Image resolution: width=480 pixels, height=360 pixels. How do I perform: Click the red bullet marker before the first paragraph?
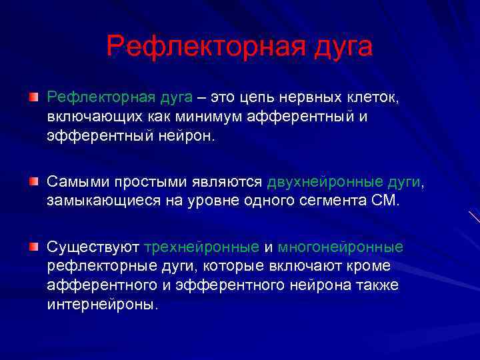coord(33,98)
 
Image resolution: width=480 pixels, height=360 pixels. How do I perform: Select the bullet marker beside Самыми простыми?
coord(33,181)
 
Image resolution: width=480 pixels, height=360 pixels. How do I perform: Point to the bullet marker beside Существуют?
coord(33,247)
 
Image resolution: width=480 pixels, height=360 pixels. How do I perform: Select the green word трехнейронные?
coord(201,247)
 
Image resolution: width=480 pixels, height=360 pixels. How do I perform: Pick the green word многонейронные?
coord(340,247)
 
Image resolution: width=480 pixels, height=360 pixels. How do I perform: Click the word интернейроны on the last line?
coord(103,304)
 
